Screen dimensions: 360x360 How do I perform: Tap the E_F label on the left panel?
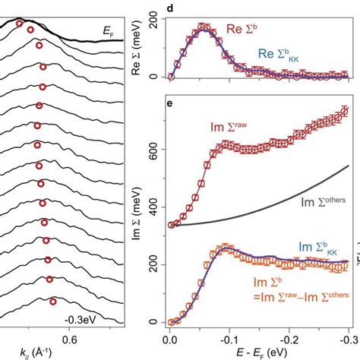(106, 30)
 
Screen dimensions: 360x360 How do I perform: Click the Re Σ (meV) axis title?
(137, 46)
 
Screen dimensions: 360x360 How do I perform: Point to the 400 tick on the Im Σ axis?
(156, 207)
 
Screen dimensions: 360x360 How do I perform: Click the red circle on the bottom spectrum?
(52, 301)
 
